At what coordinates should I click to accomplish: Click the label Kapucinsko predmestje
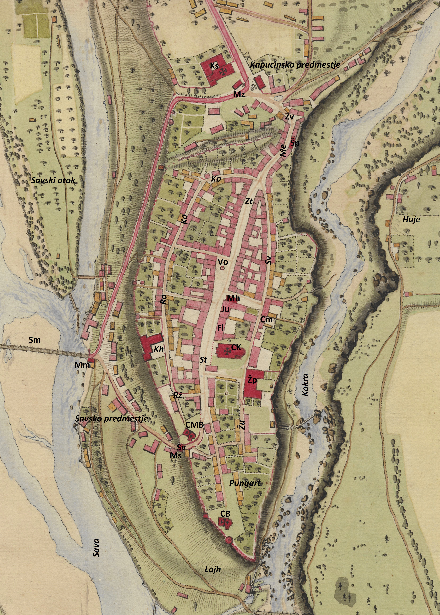[295, 65]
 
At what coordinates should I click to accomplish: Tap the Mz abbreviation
[239, 95]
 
